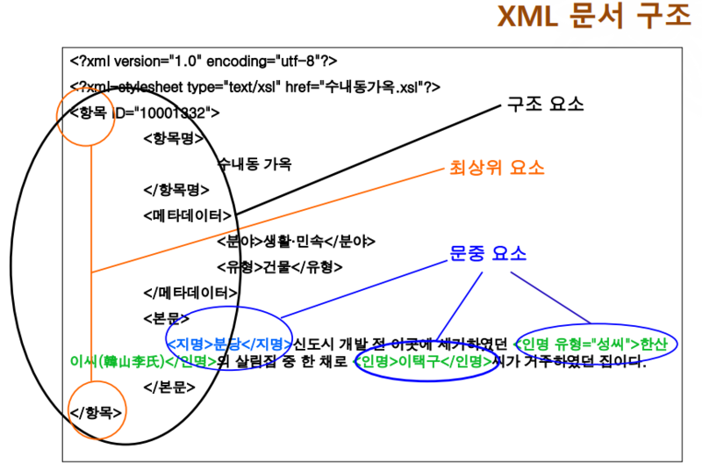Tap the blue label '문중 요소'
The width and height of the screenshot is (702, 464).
[x=487, y=253]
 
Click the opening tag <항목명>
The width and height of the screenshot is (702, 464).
[x=173, y=138]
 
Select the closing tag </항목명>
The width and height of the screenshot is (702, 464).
[x=175, y=190]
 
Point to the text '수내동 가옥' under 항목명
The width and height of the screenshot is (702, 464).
[x=254, y=164]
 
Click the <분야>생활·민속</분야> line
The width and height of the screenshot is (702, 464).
[x=296, y=241]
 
